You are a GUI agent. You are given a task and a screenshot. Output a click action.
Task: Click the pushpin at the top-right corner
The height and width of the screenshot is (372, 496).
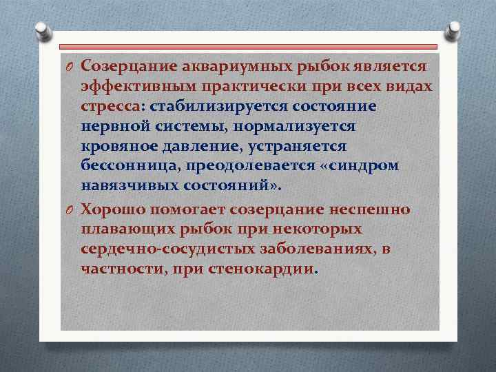pos(455,30)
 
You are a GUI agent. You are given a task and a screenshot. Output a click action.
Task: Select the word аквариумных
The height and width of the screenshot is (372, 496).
pos(236,65)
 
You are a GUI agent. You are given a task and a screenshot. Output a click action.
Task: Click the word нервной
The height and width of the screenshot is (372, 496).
pos(113,127)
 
